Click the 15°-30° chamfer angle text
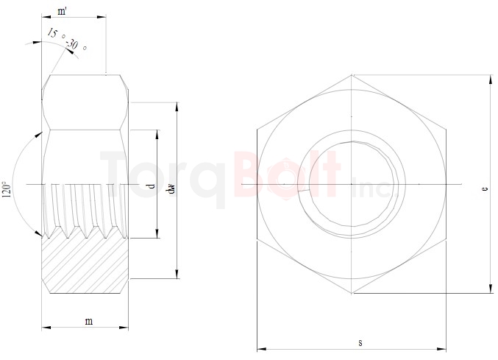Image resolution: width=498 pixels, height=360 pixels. click(x=68, y=40)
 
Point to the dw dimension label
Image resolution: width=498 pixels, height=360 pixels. click(x=170, y=188)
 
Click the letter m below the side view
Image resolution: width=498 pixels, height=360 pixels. click(x=88, y=320)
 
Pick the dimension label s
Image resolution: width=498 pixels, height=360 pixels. click(x=360, y=343)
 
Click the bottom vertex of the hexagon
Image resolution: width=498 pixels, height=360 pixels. click(x=352, y=293)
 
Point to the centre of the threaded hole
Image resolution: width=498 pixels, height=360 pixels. click(x=352, y=183)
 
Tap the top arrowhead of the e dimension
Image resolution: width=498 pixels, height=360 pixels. click(x=490, y=77)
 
